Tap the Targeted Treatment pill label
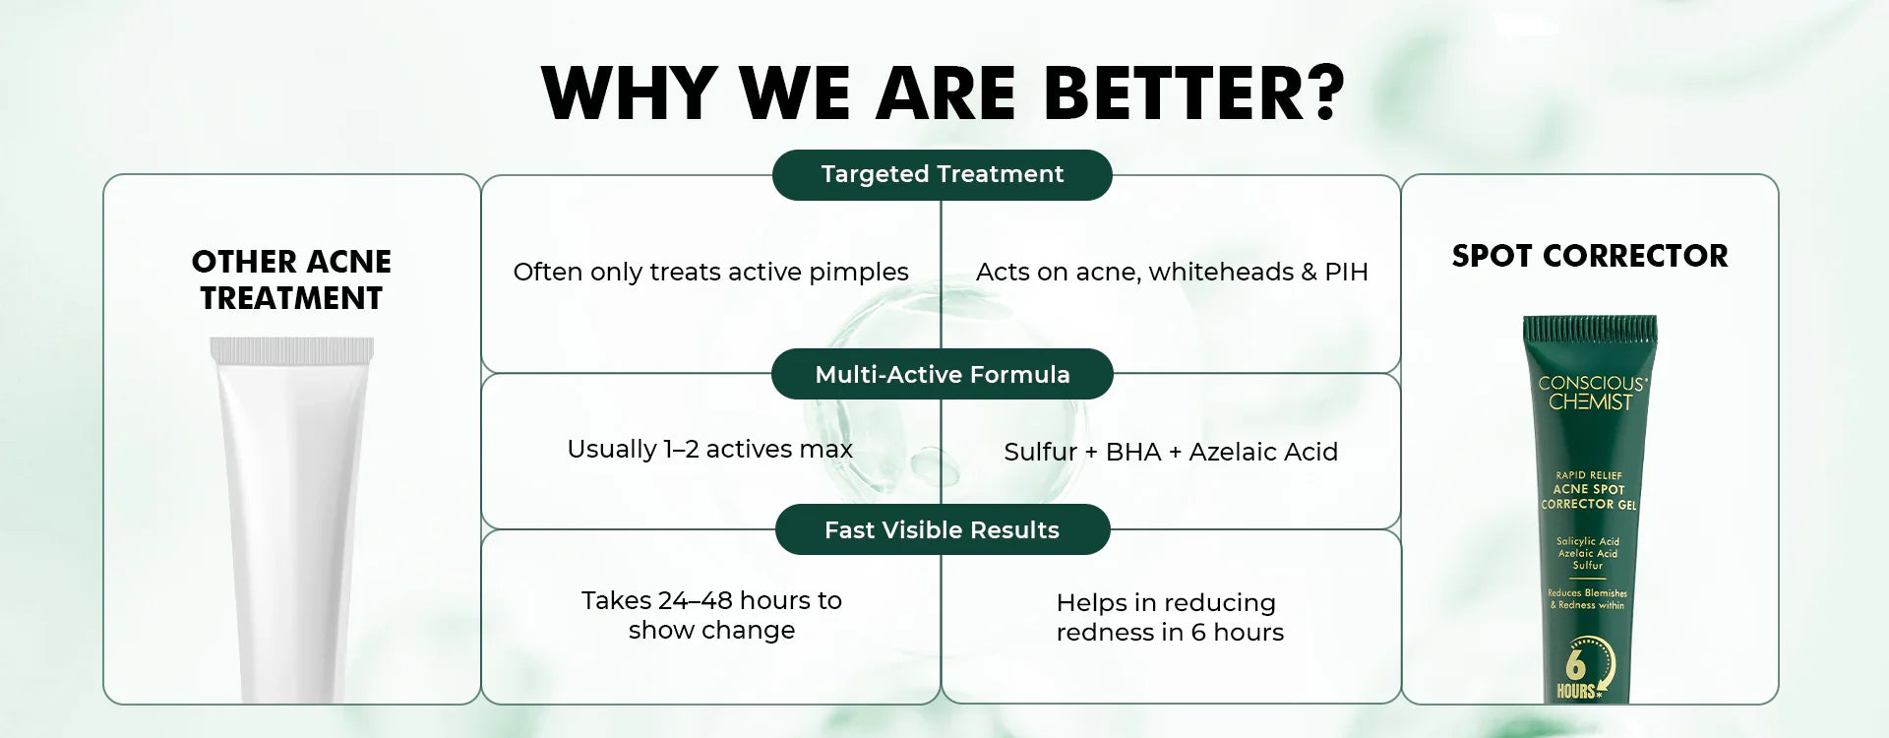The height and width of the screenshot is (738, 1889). pyautogui.click(x=943, y=174)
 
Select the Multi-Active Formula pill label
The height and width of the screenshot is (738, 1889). pyautogui.click(x=943, y=374)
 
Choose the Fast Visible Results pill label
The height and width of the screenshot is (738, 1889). pyautogui.click(x=943, y=529)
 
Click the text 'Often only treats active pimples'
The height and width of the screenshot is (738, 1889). pyautogui.click(x=710, y=272)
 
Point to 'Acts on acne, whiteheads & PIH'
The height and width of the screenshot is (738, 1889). pyautogui.click(x=1172, y=272)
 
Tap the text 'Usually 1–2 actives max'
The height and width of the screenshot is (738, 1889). pyautogui.click(x=709, y=449)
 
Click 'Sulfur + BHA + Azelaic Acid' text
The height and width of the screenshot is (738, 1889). pyautogui.click(x=1171, y=452)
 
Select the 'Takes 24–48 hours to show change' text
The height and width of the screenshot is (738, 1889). pyautogui.click(x=711, y=615)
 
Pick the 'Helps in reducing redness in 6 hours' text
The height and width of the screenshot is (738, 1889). pyautogui.click(x=1170, y=617)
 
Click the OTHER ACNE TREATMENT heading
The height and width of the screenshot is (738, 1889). pyautogui.click(x=291, y=279)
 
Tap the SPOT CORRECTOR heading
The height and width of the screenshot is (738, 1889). pyautogui.click(x=1590, y=256)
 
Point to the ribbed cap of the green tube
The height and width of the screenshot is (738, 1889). pyautogui.click(x=1590, y=329)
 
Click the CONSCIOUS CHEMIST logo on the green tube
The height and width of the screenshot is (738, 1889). pyautogui.click(x=1591, y=393)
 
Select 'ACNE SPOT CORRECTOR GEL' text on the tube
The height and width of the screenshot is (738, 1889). pyautogui.click(x=1589, y=496)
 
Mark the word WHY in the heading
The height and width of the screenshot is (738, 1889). pyautogui.click(x=630, y=93)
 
